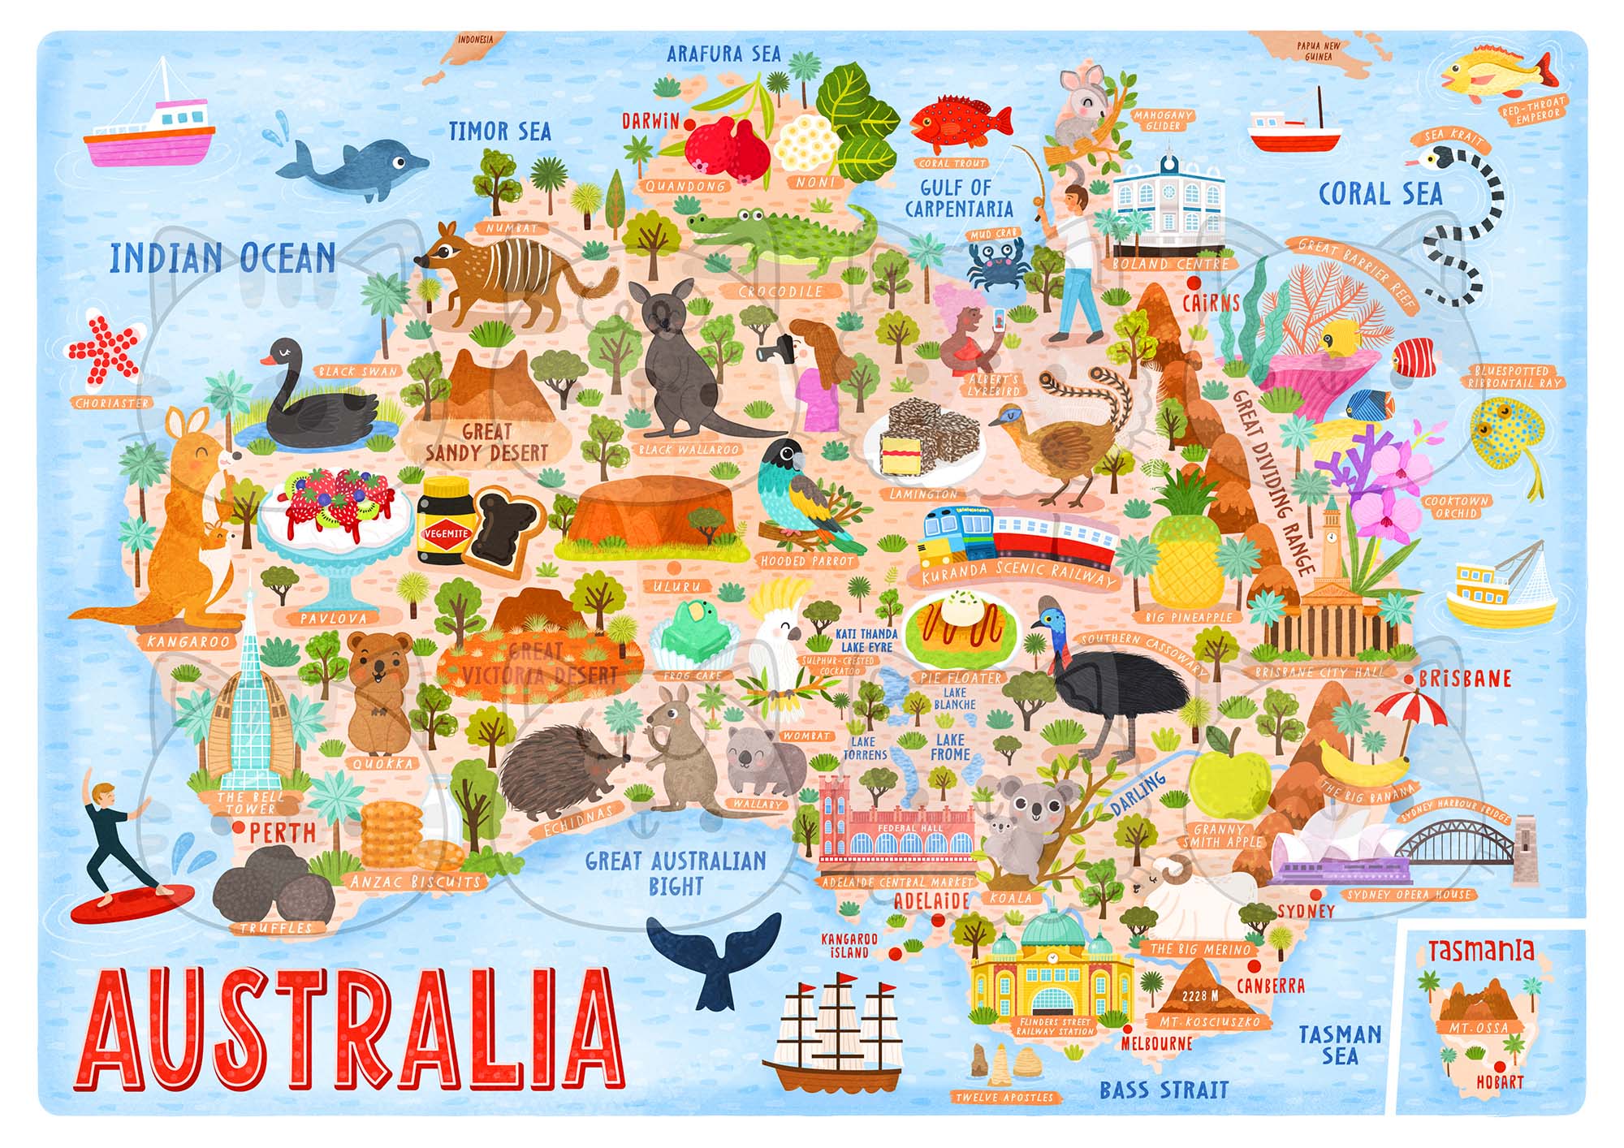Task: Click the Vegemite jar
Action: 444,520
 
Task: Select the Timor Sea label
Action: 499,132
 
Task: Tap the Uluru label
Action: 682,585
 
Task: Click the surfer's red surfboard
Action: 132,903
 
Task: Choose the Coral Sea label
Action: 1380,194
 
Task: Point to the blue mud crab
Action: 992,265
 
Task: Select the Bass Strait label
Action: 1164,1090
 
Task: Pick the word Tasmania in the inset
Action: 1481,950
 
